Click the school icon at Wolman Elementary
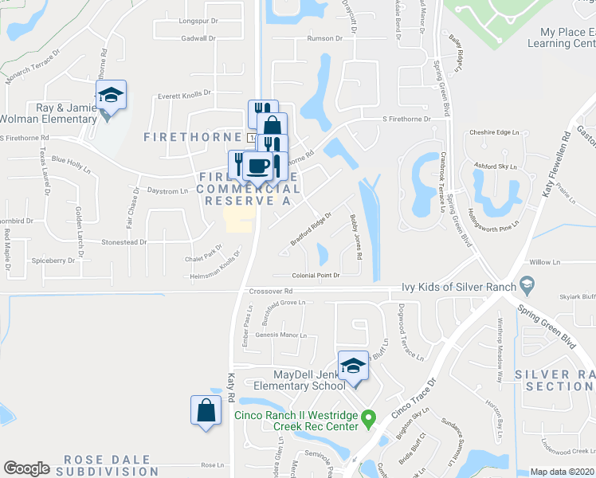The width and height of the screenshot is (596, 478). tap(112, 96)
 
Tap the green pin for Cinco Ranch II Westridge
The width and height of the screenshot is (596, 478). tap(367, 417)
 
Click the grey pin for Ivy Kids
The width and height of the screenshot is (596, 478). tap(526, 284)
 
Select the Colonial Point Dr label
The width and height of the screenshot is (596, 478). tap(316, 275)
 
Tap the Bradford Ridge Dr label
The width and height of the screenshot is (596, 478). tap(311, 229)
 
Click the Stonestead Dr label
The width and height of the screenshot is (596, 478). tap(124, 241)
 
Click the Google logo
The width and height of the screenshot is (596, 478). tap(26, 468)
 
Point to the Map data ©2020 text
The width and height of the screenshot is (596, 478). tap(562, 472)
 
